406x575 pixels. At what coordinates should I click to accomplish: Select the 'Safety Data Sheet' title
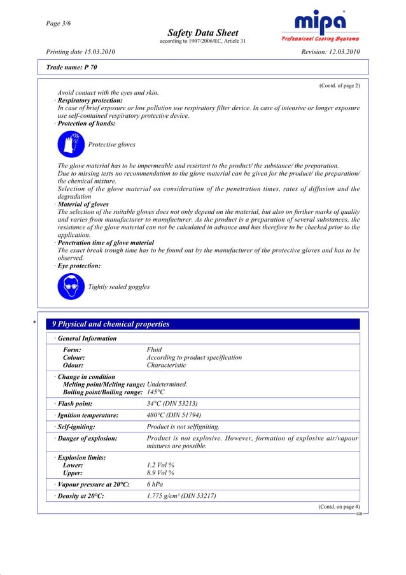(203, 32)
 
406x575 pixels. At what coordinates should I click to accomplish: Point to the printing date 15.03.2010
(81, 51)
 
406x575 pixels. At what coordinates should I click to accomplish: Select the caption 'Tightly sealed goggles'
(119, 287)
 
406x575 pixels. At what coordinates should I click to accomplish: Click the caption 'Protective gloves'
(111, 145)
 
